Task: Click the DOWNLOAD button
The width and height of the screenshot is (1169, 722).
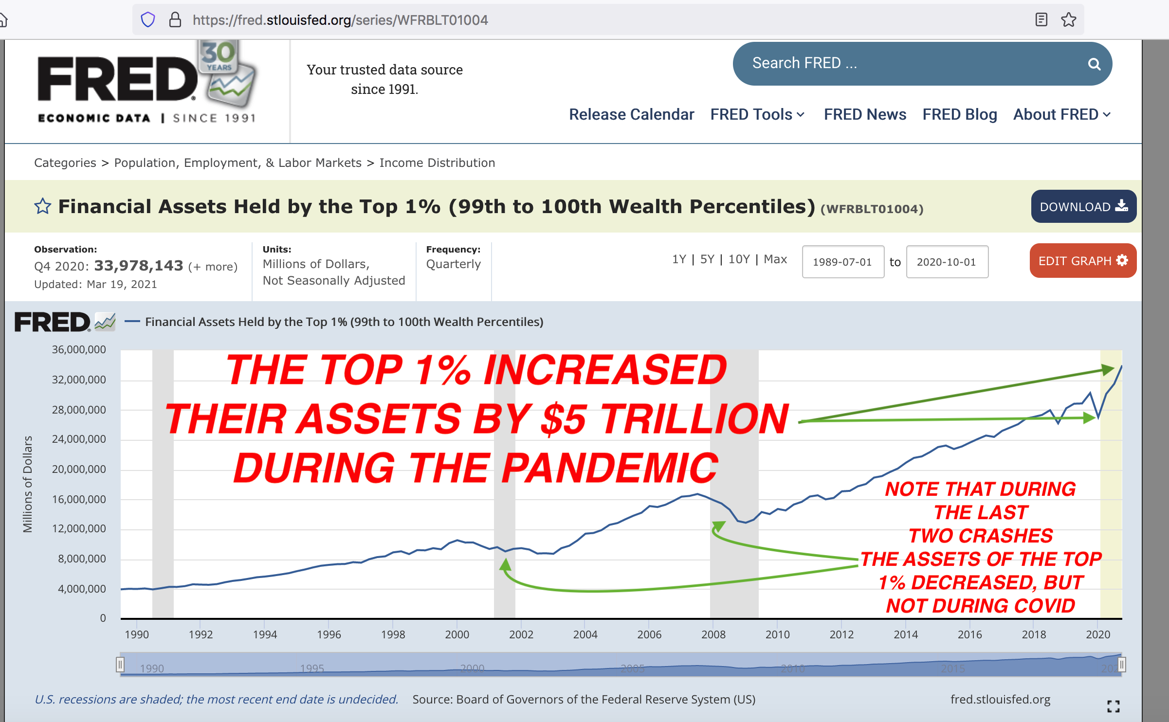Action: (x=1083, y=206)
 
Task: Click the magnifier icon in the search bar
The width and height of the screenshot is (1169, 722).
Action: (x=1094, y=64)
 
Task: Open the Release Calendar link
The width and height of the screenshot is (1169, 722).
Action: (x=631, y=114)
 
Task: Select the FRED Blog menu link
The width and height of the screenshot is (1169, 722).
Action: (x=960, y=114)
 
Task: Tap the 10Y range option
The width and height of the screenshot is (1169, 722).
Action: (x=739, y=259)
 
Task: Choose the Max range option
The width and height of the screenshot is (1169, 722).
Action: (x=775, y=259)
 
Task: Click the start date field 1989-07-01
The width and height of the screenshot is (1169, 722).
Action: (x=843, y=262)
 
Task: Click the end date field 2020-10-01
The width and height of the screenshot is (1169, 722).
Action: (x=947, y=262)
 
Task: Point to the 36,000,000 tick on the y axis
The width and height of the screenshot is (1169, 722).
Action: (x=79, y=349)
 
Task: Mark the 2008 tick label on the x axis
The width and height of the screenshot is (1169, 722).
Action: (x=713, y=634)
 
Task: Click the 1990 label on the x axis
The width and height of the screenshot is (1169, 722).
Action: (x=137, y=634)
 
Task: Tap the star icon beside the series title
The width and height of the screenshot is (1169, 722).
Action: (x=43, y=206)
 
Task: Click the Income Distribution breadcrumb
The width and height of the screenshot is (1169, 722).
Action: (x=437, y=162)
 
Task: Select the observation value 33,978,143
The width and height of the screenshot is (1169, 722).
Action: (x=139, y=266)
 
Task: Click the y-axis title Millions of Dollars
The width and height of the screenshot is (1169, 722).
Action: (x=28, y=484)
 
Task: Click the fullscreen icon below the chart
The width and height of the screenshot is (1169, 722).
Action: (x=1114, y=706)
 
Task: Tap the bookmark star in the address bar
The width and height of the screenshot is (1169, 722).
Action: (x=1069, y=20)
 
